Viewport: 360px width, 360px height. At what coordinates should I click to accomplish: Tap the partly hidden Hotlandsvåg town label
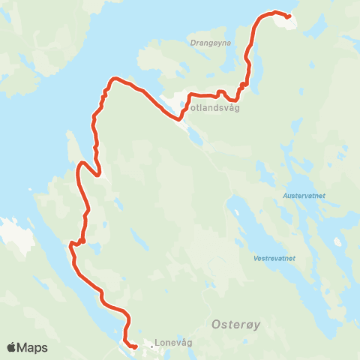point(214,106)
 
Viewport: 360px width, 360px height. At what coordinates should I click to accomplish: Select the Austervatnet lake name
point(304,196)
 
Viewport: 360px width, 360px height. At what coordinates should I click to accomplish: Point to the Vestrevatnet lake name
point(274,258)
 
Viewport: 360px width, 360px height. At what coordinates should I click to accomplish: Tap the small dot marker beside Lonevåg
point(151,346)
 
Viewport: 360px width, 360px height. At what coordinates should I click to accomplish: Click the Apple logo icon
point(11,347)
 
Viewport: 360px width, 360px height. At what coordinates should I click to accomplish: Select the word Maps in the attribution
point(32,347)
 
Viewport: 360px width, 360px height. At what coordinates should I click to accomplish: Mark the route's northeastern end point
point(289,16)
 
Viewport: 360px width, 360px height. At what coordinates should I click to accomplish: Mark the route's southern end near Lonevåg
point(134,347)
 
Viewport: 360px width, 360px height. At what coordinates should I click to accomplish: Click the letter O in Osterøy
point(209,325)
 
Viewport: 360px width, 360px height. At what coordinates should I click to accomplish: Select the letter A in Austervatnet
point(285,196)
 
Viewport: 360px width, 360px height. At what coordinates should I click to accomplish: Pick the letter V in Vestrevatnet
point(256,258)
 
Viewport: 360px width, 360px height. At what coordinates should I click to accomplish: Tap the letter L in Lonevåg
point(156,345)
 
